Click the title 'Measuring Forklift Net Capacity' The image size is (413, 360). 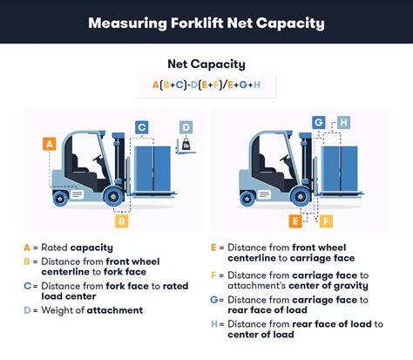pos(206,22)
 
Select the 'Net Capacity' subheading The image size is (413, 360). pos(206,64)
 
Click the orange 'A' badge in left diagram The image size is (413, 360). pos(49,143)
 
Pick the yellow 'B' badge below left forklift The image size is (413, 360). pos(122,221)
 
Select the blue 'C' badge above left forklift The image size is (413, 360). pos(141,128)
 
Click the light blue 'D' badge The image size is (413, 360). pos(186,127)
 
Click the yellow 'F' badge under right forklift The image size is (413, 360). pos(325,221)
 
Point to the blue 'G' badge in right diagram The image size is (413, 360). pos(319,122)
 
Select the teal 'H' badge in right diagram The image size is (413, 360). pos(343,122)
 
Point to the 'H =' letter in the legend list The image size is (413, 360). pos(218,325)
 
